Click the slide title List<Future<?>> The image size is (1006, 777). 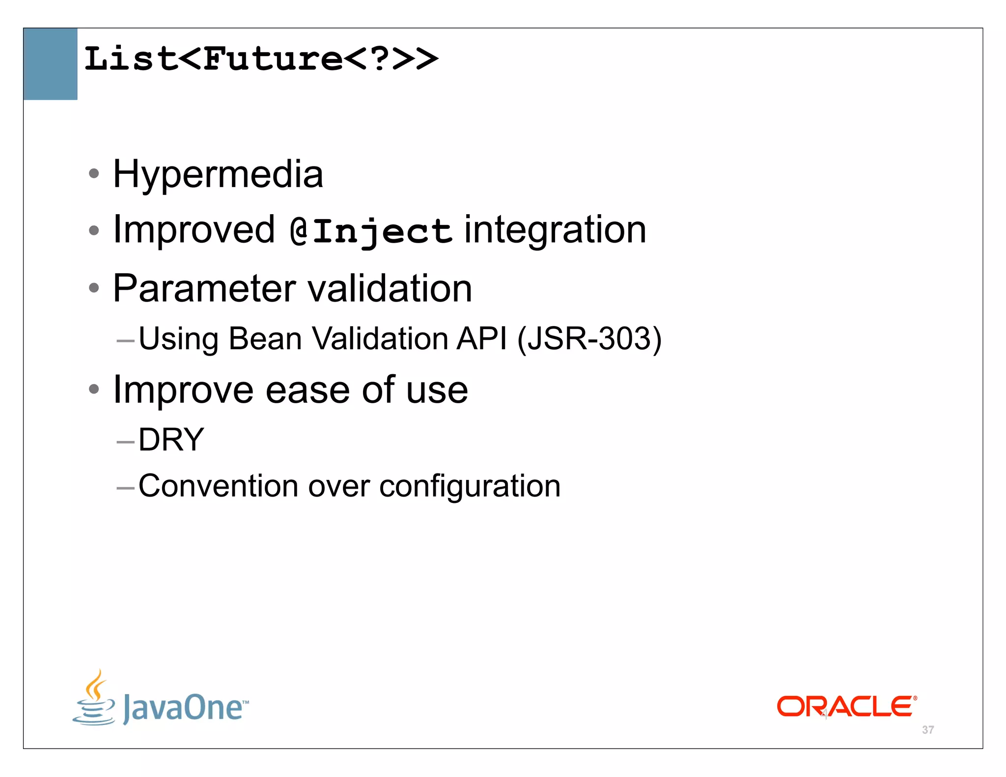tap(261, 59)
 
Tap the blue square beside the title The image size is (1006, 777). tap(50, 64)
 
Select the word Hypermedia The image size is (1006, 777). tap(218, 174)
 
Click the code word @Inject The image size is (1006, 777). tap(370, 231)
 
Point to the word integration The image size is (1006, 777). tap(555, 230)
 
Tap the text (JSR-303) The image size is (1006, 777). tap(589, 339)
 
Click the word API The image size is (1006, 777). tap(481, 339)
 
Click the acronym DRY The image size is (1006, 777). tap(171, 440)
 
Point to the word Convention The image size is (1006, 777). tap(218, 486)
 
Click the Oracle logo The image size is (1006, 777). tap(846, 706)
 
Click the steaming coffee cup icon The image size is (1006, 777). tap(94, 697)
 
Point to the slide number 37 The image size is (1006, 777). tap(928, 730)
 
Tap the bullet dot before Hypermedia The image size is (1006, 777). tap(94, 173)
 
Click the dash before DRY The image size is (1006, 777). tap(126, 442)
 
